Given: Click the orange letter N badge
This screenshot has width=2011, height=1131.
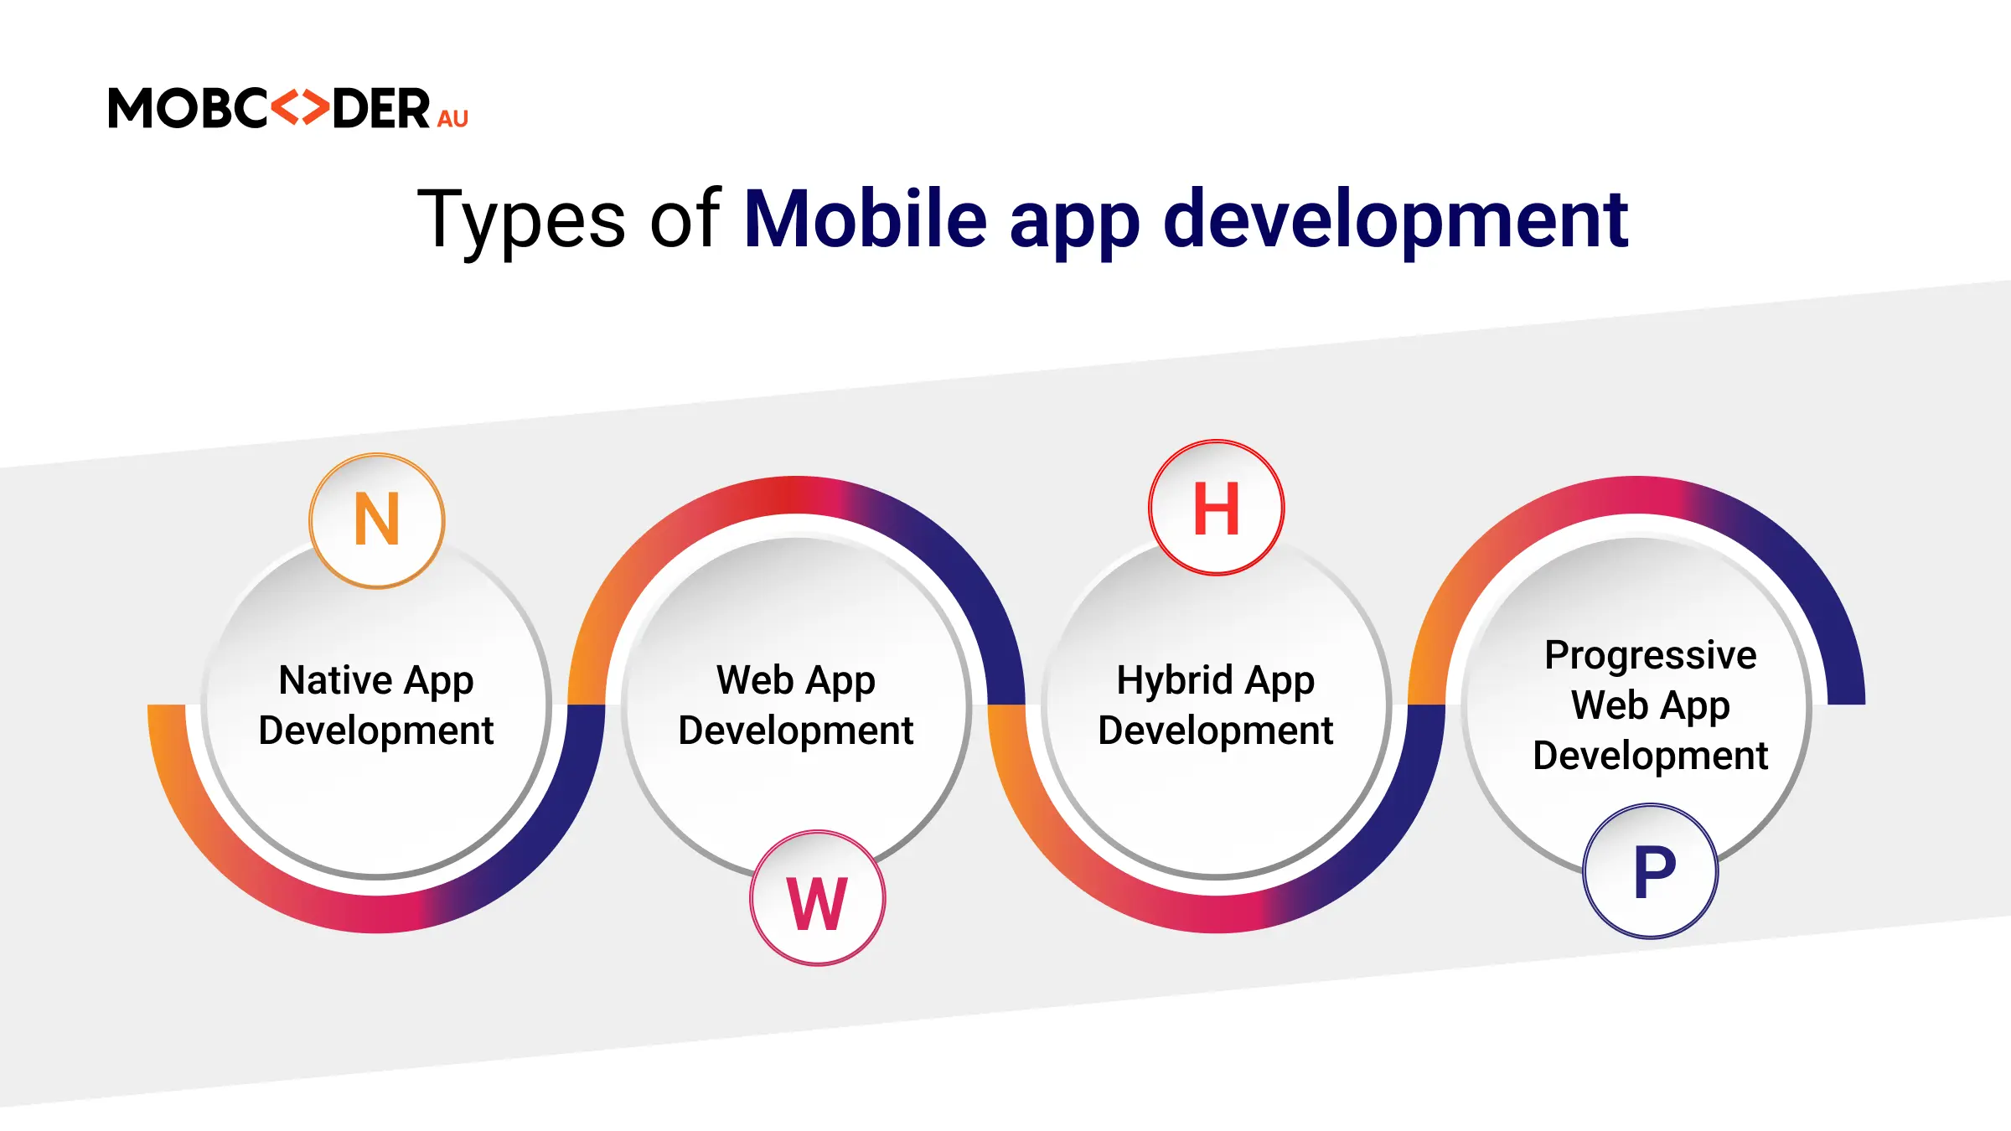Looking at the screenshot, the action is (377, 520).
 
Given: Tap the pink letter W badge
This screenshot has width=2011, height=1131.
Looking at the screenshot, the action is (817, 898).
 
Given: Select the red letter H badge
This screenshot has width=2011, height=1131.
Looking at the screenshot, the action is (1216, 508).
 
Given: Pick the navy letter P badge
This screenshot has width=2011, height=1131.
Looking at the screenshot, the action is (1651, 871).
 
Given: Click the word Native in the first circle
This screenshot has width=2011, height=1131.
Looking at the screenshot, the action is (336, 679).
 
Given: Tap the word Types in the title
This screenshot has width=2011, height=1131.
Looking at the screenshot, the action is (521, 220).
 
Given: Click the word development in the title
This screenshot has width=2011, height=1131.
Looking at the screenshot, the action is (1396, 219).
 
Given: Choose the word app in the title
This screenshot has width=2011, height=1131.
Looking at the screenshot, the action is (1075, 226).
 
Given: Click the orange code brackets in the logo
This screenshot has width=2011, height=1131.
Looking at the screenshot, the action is (300, 107).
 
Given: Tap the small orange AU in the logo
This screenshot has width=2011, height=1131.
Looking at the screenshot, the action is (452, 119).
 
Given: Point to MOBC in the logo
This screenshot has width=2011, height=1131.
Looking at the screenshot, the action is (189, 108).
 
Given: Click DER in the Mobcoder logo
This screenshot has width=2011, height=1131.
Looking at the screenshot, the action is (381, 108).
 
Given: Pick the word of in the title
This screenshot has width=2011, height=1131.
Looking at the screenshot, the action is (685, 219).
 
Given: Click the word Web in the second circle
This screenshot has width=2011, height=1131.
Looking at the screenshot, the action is (754, 680).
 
